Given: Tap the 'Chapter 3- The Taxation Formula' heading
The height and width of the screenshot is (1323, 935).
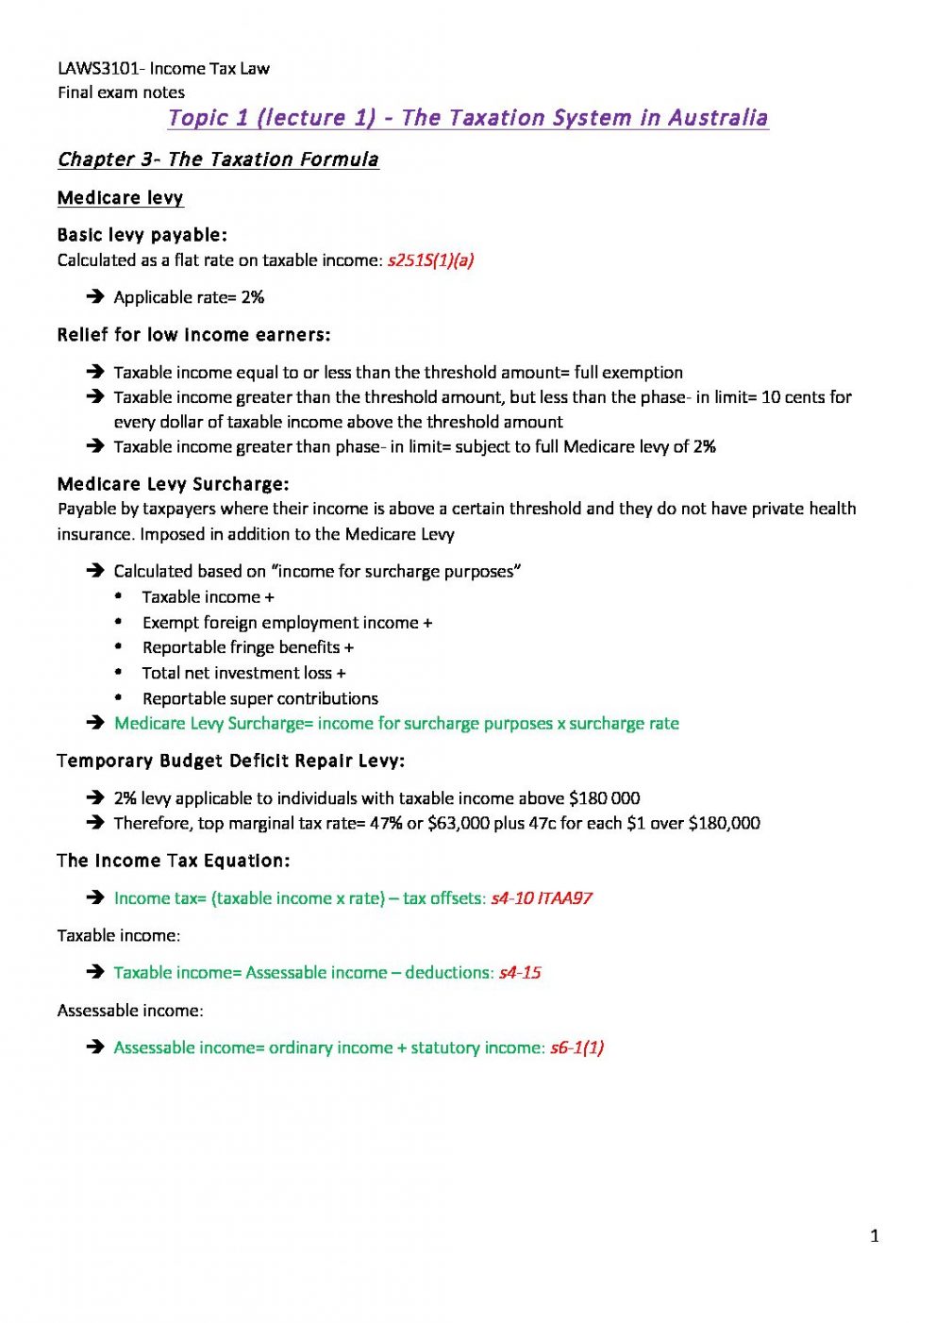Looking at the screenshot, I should [x=218, y=159].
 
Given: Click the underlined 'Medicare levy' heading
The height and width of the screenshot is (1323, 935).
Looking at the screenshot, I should [x=120, y=198].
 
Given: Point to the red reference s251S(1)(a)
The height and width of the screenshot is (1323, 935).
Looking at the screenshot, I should [x=430, y=260].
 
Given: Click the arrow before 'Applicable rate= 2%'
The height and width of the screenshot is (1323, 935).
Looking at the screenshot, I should [x=94, y=297].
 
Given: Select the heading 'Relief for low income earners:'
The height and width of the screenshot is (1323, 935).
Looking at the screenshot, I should [x=193, y=335].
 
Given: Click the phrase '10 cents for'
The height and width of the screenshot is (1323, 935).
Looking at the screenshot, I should [x=806, y=397].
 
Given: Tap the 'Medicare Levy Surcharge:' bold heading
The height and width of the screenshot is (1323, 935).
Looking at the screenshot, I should [x=173, y=484].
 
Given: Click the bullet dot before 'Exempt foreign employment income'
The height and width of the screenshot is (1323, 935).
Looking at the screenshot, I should [x=119, y=622].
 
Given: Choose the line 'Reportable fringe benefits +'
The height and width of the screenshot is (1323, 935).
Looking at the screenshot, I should [x=247, y=647].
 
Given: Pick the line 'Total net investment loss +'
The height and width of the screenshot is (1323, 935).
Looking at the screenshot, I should [x=243, y=673].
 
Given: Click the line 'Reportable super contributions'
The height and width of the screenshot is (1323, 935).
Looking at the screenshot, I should [x=259, y=698].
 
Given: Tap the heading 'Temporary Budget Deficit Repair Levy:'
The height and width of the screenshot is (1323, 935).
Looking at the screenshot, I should [x=230, y=761].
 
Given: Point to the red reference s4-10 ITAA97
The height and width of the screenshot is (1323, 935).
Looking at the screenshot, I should [x=542, y=898].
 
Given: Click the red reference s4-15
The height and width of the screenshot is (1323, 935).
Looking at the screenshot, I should [x=520, y=973].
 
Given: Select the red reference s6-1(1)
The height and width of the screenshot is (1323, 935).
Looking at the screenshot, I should [x=576, y=1047].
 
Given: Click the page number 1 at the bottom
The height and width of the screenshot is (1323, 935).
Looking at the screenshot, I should [x=875, y=1236].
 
